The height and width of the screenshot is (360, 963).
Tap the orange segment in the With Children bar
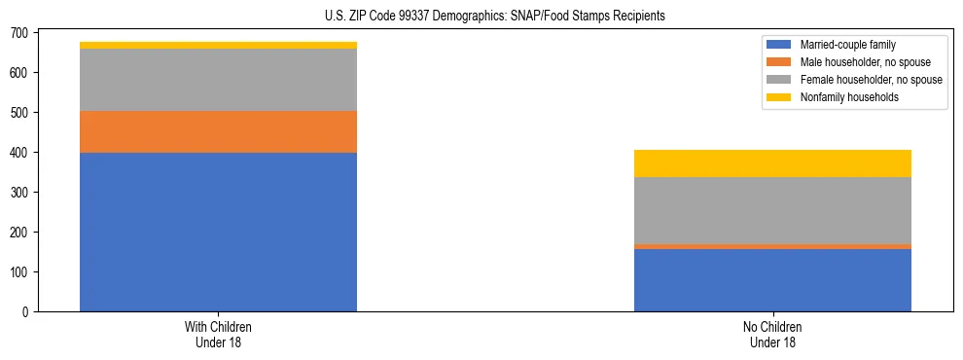[218, 131]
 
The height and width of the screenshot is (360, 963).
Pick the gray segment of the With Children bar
[218, 80]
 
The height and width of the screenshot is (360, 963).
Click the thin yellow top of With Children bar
[218, 45]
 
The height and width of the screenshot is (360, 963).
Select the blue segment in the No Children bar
[772, 280]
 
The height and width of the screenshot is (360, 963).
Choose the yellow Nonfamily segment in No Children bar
[772, 163]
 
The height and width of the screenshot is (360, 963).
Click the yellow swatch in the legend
[780, 97]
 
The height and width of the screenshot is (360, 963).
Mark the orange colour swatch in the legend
[780, 62]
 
